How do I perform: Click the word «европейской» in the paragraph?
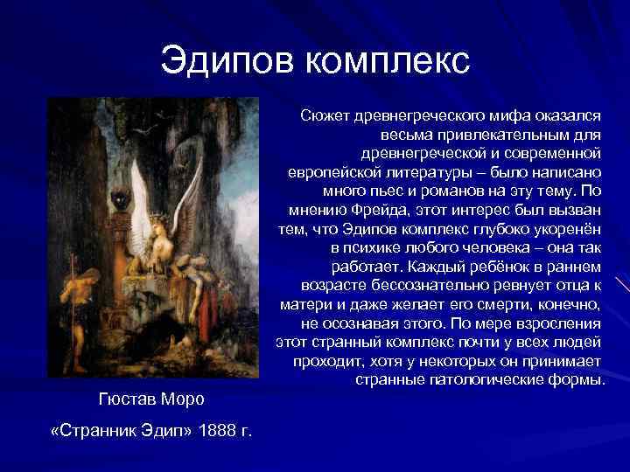[x=327, y=172]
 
